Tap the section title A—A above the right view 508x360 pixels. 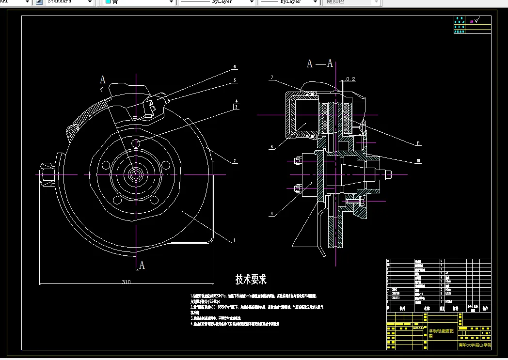(320, 63)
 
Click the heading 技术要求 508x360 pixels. (251, 279)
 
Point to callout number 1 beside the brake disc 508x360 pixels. (234, 240)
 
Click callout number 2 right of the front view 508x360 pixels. (234, 161)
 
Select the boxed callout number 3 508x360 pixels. (236, 107)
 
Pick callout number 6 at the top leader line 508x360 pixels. (234, 67)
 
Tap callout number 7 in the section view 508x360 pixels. (272, 78)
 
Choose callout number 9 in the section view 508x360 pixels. (272, 213)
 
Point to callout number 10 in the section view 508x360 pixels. (418, 160)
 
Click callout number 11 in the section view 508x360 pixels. (418, 143)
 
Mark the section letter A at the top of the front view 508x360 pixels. (102, 79)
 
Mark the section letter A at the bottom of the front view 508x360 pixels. (142, 265)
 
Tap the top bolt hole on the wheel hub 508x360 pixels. (137, 143)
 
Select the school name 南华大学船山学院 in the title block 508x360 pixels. (475, 345)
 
